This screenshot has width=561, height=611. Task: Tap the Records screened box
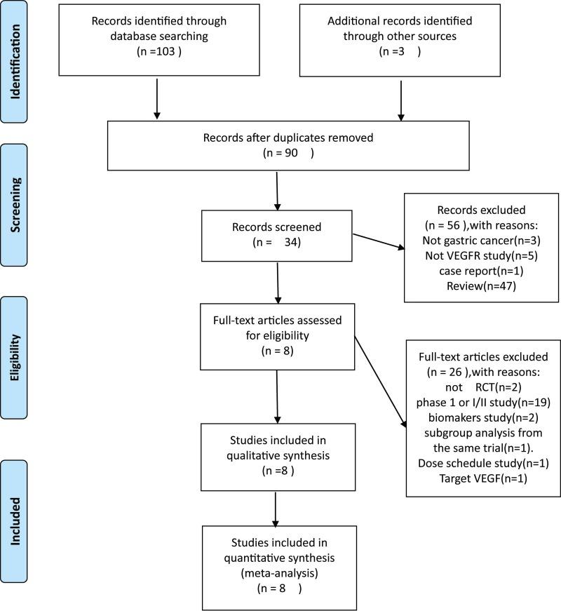(x=276, y=236)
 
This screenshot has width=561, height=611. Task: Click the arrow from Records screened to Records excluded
(x=379, y=241)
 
